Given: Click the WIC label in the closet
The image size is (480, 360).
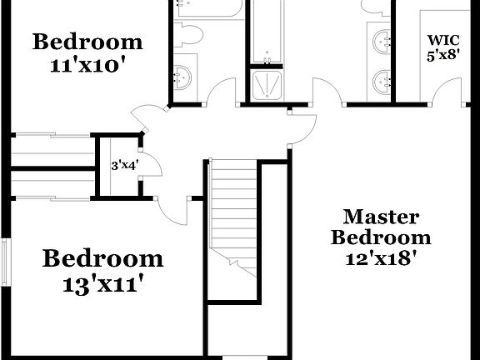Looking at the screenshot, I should [442, 39].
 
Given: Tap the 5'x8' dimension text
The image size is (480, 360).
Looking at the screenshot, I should [442, 56].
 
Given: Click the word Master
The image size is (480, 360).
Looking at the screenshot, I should [381, 217].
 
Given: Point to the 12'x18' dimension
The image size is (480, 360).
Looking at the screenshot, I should [381, 258].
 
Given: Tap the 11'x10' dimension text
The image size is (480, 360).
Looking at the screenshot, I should [87, 65].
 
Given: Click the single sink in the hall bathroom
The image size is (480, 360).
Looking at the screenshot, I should [183, 77].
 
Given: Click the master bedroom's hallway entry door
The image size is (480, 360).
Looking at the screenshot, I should [304, 125].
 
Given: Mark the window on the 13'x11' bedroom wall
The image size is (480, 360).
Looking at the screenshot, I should [6, 262].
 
